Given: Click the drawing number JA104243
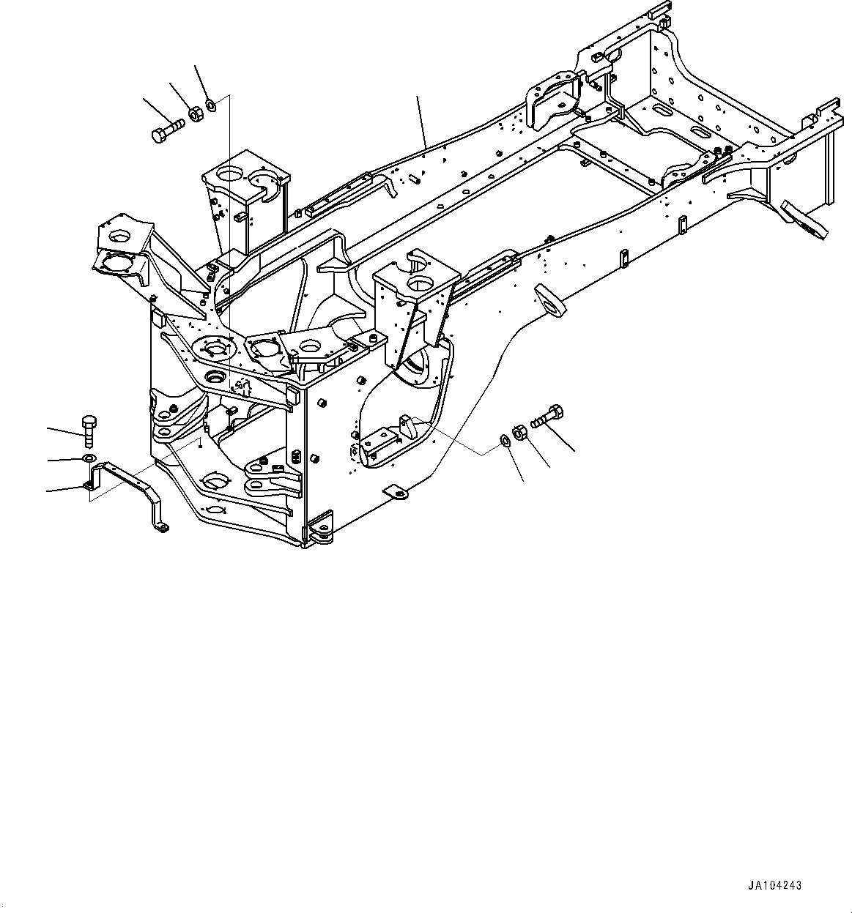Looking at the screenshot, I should (774, 885).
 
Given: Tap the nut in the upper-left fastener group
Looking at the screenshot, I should (195, 114).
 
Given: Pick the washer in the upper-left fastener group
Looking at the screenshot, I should (211, 104).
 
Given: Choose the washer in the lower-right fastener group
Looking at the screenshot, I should (505, 440).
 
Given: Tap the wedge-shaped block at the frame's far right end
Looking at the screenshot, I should (804, 220).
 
